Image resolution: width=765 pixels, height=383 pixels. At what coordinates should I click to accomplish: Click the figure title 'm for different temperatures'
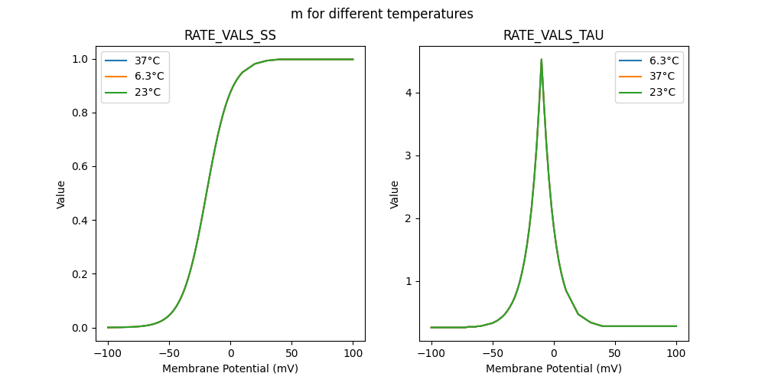pos(382,14)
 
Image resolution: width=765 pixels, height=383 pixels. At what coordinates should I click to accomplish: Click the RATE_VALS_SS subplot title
pos(230,35)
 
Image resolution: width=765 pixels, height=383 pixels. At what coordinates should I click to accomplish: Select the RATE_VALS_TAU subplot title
pos(553,35)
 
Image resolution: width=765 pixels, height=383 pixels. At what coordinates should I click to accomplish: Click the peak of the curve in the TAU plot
pos(542,59)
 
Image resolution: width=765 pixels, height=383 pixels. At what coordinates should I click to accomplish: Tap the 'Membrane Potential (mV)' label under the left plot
pos(230,368)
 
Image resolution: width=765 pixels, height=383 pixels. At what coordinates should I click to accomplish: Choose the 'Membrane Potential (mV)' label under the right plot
pos(553,368)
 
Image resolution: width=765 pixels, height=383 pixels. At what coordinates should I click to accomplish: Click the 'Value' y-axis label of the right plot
pos(395,195)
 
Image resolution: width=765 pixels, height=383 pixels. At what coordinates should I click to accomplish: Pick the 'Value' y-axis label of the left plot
pos(61,195)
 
